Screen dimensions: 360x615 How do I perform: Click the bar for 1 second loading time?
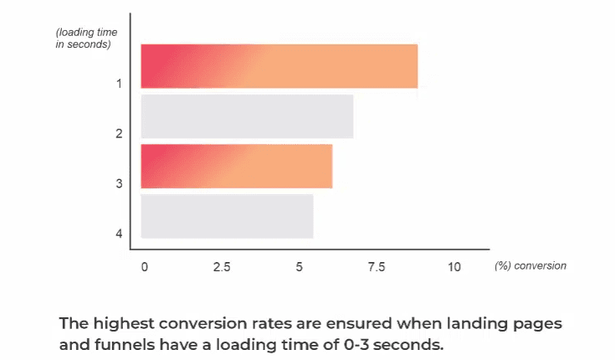click(279, 66)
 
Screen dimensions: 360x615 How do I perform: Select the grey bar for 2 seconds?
click(247, 116)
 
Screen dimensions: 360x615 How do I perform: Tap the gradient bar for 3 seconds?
click(236, 167)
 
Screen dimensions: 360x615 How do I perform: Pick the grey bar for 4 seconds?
click(227, 216)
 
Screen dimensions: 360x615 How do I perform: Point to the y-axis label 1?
click(120, 84)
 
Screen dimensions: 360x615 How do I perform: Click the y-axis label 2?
click(120, 134)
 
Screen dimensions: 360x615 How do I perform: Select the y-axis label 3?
click(120, 183)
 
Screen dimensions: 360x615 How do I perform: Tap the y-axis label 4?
click(120, 234)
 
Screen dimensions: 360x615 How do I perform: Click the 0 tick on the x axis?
click(144, 267)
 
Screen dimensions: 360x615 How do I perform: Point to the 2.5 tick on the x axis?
click(222, 267)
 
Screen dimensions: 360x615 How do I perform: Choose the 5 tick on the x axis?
click(300, 267)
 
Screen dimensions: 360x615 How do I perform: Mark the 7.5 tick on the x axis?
click(377, 267)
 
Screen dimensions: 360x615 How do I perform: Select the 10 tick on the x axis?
click(454, 267)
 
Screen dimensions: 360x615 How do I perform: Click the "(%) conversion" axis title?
click(530, 266)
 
